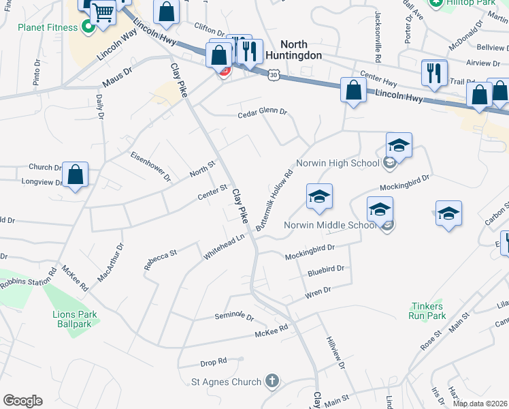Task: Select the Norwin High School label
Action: [x=338, y=164]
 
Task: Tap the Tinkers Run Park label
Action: [x=427, y=311]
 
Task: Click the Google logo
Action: [x=22, y=401]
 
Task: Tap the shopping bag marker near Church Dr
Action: [x=76, y=175]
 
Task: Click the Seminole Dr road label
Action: [x=234, y=316]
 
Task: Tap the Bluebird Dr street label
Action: [x=327, y=269]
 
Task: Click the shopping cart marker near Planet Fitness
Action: [x=103, y=12]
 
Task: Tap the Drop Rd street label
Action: [x=213, y=361]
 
